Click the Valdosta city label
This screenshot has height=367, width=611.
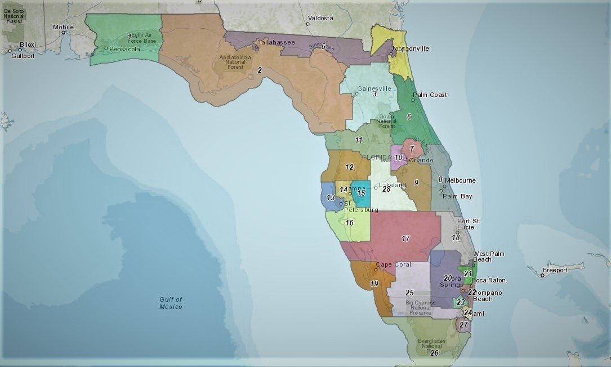(x=322, y=18)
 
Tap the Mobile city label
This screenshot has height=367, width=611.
(x=63, y=26)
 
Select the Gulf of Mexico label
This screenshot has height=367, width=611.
(x=170, y=303)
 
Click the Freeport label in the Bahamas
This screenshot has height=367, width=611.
(x=555, y=270)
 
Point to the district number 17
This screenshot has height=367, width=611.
(x=405, y=238)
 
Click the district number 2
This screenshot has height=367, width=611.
(x=260, y=70)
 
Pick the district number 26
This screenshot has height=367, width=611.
(x=434, y=353)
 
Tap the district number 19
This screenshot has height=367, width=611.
(x=374, y=284)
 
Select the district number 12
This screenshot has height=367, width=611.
(x=349, y=167)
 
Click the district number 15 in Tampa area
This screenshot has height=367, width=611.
(x=361, y=193)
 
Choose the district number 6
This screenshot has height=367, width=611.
(x=409, y=117)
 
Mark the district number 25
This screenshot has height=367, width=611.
(x=409, y=292)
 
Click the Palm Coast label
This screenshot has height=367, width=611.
(x=430, y=95)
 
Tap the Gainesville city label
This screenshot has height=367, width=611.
(x=374, y=89)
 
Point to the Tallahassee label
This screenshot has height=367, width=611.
(x=276, y=42)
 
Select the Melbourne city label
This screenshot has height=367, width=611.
(x=460, y=180)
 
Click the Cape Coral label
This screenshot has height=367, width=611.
(x=394, y=264)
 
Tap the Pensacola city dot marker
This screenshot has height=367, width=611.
(x=106, y=48)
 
